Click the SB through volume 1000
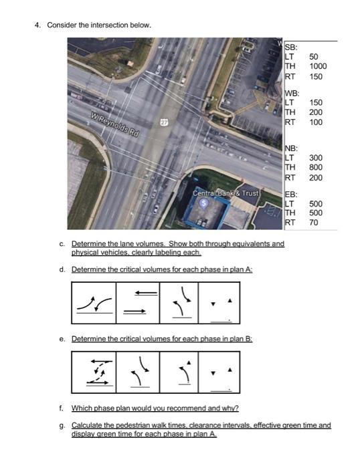tap(318, 67)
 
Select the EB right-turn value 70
tap(314, 222)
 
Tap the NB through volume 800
tap(316, 168)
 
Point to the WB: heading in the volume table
tap(292, 93)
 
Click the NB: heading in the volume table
tap(292, 148)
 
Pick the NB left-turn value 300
tap(316, 158)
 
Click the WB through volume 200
tap(316, 113)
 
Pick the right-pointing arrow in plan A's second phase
tap(133, 310)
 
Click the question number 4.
tap(38, 25)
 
